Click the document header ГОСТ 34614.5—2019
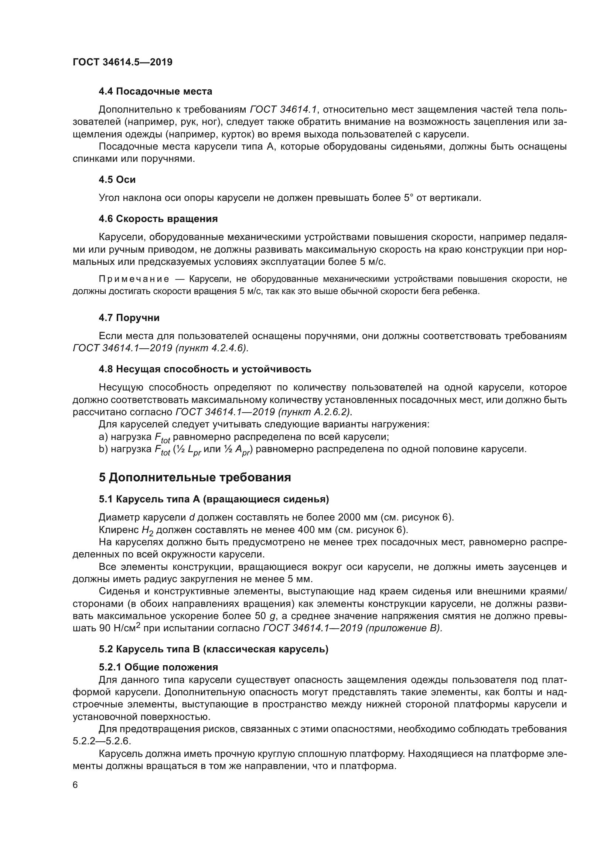pos(122,62)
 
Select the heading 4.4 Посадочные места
pos(155,92)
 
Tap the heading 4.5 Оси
pos(117,180)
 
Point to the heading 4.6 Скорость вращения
pos(158,219)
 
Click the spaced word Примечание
pos(134,279)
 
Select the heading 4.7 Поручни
pos(129,318)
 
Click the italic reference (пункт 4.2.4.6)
pos(211,348)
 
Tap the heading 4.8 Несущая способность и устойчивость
pos(205,369)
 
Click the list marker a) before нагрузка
pos(103,437)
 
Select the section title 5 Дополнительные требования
pos(195,478)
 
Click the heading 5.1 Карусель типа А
pos(214,499)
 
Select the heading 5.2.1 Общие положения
pos(158,667)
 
